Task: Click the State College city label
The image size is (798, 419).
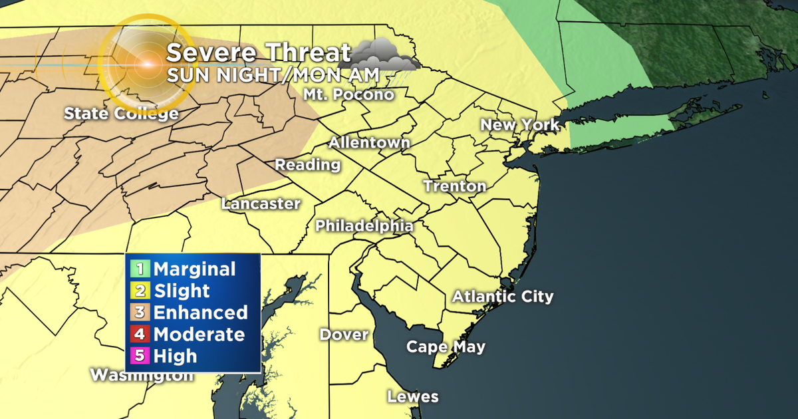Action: pos(121,113)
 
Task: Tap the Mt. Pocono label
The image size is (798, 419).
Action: pos(349,94)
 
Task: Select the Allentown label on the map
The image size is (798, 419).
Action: pos(369,143)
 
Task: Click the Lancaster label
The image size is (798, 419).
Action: pos(261,204)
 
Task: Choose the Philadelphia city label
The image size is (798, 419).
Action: pos(364,226)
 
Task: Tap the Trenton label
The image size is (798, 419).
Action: pos(455,186)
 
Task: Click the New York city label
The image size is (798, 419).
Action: pos(519,124)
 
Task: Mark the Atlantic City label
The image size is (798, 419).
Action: pos(503,297)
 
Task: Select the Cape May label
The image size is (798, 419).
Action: pos(446,347)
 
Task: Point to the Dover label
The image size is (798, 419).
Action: pos(344,334)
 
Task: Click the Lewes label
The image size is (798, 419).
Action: pos(413,397)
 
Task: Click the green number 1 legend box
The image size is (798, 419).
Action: pos(140,269)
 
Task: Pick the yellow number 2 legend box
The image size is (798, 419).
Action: pos(140,291)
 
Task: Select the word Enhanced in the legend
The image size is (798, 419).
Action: pos(201,313)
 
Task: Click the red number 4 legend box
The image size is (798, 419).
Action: pos(140,334)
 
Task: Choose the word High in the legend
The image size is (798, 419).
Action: pos(176,356)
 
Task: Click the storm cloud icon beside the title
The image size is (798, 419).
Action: pos(384,55)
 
